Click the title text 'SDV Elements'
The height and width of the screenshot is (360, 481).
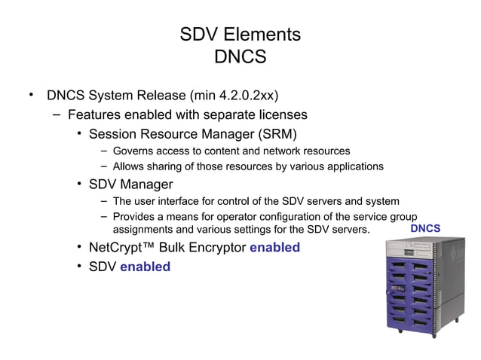[x=240, y=35]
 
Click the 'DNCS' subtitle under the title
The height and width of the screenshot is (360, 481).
[x=240, y=57]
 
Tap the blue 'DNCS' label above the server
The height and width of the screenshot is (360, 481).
[x=425, y=227]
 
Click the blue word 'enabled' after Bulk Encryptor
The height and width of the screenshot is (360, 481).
[x=274, y=247]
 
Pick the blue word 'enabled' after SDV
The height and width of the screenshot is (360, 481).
[x=145, y=267]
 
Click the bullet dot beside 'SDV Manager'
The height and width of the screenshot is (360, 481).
[x=78, y=185]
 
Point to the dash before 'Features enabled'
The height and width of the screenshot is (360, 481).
[x=57, y=115]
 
